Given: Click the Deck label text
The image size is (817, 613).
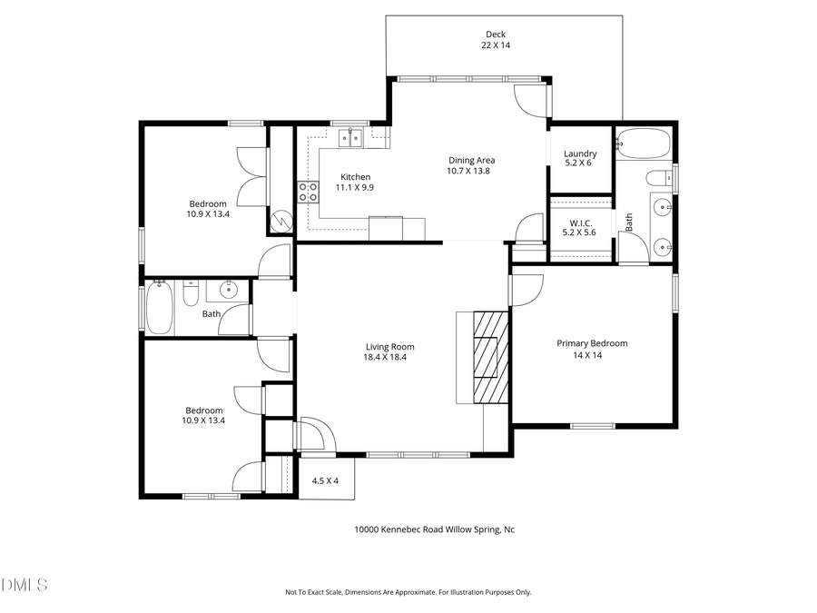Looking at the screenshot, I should click(x=495, y=35).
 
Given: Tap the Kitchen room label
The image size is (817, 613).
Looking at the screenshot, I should click(x=355, y=177).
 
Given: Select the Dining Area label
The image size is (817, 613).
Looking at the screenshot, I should click(x=470, y=161).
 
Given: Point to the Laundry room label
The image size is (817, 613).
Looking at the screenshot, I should click(x=580, y=153).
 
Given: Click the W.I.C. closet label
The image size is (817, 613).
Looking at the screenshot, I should click(x=580, y=222).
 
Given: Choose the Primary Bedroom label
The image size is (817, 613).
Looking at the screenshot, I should click(x=592, y=343).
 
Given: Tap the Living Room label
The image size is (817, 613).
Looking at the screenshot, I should click(x=389, y=346).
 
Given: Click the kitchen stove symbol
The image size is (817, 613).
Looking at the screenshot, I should click(x=309, y=192).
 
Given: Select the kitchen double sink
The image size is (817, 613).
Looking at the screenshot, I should click(x=350, y=138).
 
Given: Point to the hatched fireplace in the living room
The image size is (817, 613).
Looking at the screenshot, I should click(x=488, y=356).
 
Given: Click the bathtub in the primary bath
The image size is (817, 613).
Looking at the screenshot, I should click(x=643, y=143).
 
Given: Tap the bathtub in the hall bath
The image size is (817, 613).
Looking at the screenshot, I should click(x=160, y=307).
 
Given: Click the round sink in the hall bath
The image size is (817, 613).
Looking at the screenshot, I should click(x=227, y=291).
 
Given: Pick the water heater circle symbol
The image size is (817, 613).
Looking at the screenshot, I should click(x=281, y=221).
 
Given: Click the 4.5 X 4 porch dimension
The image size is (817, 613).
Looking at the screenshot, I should click(x=325, y=480).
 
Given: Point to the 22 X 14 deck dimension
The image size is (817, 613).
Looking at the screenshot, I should click(x=495, y=45).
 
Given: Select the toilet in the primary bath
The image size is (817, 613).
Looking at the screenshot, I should click(x=660, y=176).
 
